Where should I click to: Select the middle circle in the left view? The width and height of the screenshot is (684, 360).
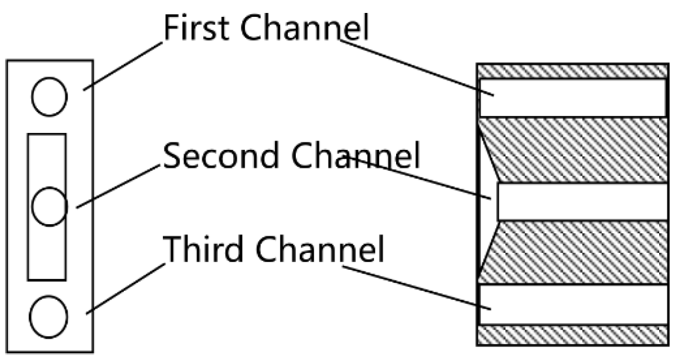click(50, 206)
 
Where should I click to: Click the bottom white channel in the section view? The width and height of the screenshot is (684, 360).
click(580, 304)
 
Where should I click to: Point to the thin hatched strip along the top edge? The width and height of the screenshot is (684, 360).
click(572, 71)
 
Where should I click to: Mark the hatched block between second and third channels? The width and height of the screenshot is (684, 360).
click(580, 252)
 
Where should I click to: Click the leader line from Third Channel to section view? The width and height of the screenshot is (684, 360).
click(417, 287)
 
